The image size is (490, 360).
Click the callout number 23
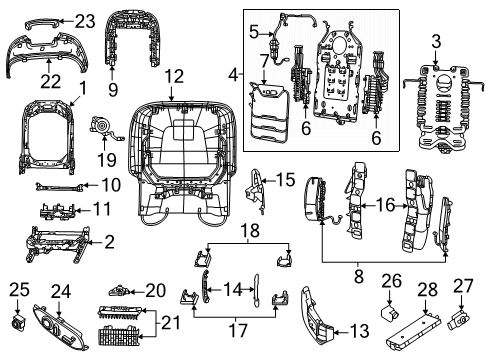coord(84,19)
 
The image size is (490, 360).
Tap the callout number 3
coord(435,40)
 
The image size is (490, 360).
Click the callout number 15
coord(285,180)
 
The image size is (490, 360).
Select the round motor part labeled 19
coord(100,126)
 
